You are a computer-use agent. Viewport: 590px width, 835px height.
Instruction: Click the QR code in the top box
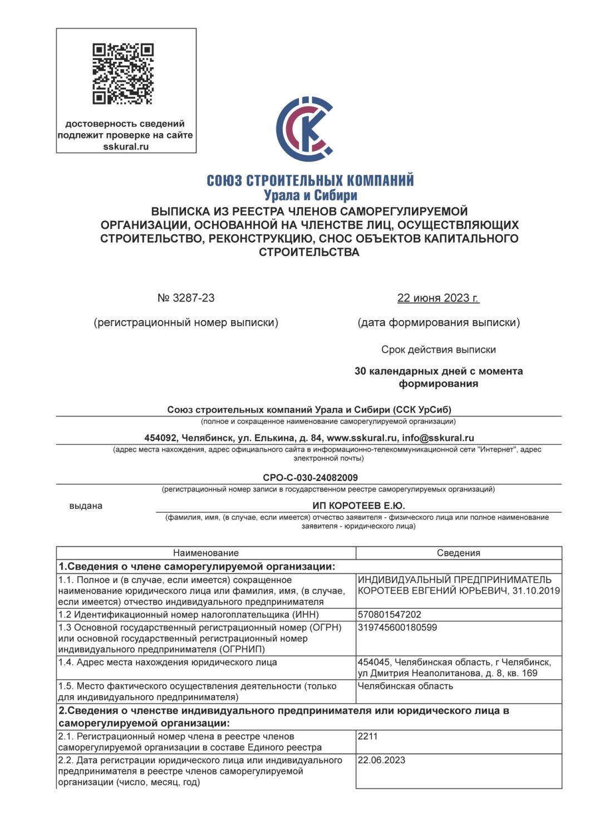(x=123, y=74)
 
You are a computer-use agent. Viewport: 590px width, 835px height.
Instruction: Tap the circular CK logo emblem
(x=305, y=129)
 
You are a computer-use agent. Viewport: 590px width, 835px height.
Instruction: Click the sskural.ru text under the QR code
(x=126, y=147)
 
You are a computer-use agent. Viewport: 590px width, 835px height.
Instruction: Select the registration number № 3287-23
(x=186, y=298)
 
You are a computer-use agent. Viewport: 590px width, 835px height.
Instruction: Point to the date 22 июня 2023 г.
(x=438, y=298)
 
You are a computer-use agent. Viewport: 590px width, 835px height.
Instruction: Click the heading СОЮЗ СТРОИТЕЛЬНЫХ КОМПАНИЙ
(x=310, y=180)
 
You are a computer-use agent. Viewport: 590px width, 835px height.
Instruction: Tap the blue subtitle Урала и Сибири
(x=310, y=195)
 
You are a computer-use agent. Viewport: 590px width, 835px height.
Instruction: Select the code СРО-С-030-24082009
(x=310, y=478)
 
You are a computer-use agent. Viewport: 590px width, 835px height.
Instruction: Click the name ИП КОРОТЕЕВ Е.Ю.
(x=358, y=505)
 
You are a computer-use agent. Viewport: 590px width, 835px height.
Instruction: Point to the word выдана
(x=86, y=506)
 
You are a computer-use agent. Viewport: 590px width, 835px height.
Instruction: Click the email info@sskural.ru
(x=438, y=438)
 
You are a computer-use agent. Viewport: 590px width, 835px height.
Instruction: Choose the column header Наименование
(x=205, y=553)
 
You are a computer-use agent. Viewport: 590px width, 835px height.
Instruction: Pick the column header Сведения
(x=458, y=553)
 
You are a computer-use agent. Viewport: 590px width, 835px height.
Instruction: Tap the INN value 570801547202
(x=390, y=615)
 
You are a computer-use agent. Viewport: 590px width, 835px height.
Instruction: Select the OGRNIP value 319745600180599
(x=397, y=627)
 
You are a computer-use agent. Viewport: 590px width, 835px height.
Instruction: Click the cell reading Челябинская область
(x=405, y=686)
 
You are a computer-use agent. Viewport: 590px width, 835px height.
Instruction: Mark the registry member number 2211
(x=368, y=736)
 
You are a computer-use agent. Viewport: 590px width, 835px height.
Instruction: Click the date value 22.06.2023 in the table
(x=381, y=760)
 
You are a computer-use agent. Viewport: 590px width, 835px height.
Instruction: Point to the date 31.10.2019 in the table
(x=535, y=591)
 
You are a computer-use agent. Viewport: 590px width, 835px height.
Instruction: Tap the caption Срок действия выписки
(x=438, y=350)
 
